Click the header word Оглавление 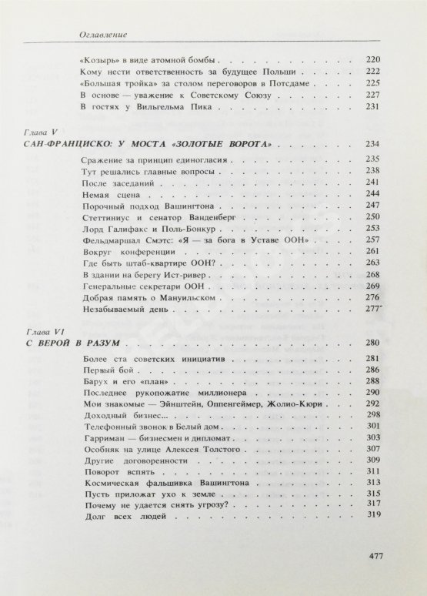103,33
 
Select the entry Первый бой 102,370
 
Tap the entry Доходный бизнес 112,413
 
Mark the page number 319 374,515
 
